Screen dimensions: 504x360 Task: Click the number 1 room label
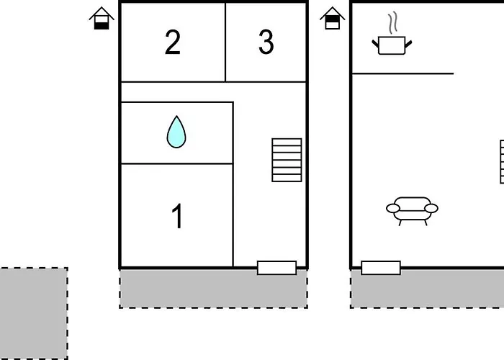click(177, 216)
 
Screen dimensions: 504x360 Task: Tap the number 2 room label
click(173, 42)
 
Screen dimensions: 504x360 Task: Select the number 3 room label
click(266, 42)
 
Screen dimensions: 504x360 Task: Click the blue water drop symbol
click(176, 132)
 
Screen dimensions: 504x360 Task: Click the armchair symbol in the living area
click(412, 211)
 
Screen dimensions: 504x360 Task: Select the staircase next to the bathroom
click(287, 160)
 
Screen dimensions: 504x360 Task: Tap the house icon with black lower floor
click(102, 18)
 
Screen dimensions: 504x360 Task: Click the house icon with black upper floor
click(333, 18)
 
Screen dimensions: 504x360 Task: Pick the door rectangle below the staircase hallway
click(276, 268)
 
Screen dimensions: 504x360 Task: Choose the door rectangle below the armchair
click(381, 268)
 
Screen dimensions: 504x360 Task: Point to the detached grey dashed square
click(34, 313)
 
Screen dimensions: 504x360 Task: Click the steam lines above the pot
click(392, 23)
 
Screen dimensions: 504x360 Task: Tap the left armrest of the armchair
click(393, 208)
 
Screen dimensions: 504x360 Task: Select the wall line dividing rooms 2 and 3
click(225, 42)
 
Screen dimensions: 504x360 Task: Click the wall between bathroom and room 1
click(177, 164)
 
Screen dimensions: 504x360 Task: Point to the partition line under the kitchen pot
click(403, 73)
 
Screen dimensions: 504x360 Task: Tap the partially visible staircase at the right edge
click(502, 162)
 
